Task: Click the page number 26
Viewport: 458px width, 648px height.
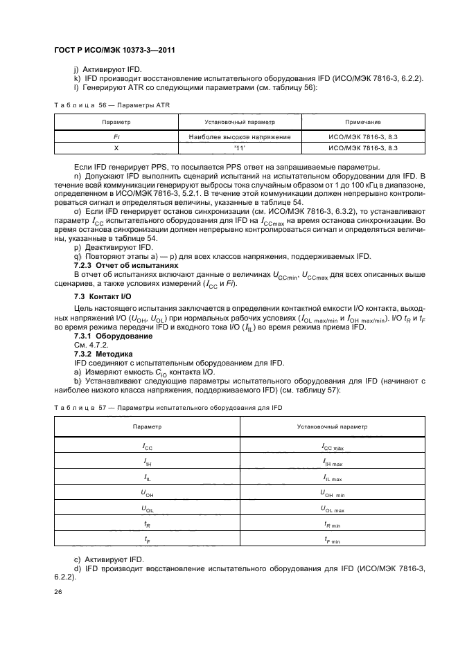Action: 59,591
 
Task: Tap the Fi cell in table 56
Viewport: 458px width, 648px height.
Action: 116,137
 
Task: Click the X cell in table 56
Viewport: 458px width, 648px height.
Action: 116,147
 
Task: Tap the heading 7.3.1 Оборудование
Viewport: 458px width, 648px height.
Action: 114,336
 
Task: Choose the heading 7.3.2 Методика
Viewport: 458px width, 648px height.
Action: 108,353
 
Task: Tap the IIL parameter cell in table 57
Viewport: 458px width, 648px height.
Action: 148,477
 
